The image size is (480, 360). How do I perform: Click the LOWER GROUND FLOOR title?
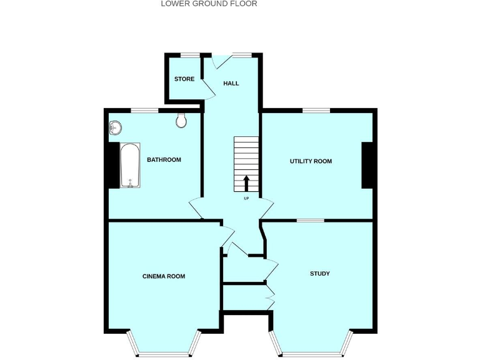(x=209, y=4)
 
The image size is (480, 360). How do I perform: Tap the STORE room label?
(x=184, y=79)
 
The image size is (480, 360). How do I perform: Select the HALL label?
(x=231, y=83)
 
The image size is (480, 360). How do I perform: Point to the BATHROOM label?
(x=164, y=160)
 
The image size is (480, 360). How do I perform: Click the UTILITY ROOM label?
(x=311, y=161)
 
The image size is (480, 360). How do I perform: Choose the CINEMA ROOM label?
(x=164, y=276)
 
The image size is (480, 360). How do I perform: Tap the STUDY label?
(x=320, y=274)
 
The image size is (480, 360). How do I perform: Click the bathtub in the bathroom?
(x=130, y=166)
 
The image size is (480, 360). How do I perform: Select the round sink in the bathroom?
(x=114, y=128)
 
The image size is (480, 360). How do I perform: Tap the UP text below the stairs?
(x=246, y=199)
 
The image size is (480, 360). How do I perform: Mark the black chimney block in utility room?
(x=367, y=165)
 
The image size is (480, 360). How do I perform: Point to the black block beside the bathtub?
(x=113, y=165)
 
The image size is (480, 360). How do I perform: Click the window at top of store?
(x=190, y=55)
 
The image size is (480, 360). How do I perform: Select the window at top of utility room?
(x=316, y=111)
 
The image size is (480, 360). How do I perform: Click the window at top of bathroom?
(x=144, y=111)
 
